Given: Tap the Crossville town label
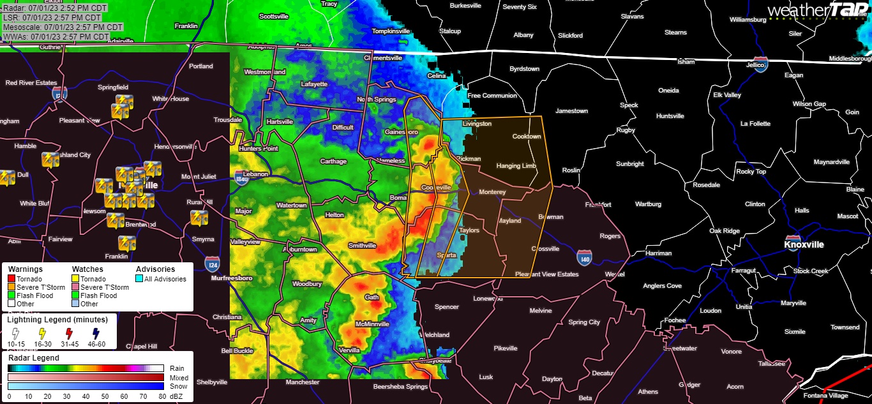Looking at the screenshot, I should point(545,249).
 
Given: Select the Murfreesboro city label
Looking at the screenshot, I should point(232,278).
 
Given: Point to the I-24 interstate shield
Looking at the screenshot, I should point(213,263).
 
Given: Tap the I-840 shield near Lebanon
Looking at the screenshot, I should point(241,177).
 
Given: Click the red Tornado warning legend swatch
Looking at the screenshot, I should point(11,279).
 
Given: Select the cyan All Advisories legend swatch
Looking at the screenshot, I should point(140,279).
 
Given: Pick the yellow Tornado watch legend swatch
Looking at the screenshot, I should point(75,279).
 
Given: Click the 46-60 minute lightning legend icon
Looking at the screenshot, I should point(96,334).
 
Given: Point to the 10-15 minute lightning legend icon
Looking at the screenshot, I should point(15,334).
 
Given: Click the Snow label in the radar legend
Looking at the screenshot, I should point(178,386).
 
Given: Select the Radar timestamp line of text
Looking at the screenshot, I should point(52,8).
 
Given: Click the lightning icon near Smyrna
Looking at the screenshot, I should point(199,218).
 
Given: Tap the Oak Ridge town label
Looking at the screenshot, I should point(724,231).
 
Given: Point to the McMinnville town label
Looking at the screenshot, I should point(372,324).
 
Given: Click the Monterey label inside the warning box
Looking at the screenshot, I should point(492,192).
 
